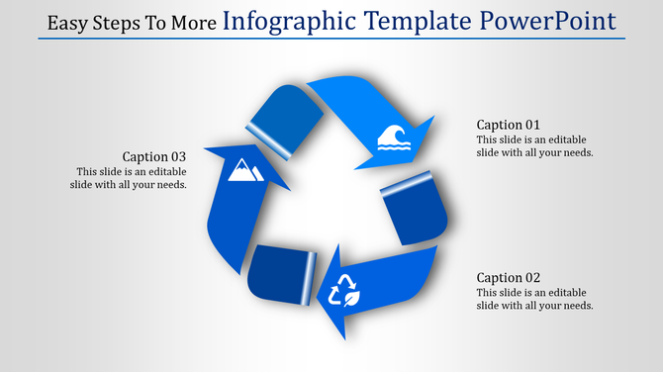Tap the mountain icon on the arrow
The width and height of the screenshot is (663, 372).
[244, 172]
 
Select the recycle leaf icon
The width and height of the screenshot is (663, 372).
[344, 292]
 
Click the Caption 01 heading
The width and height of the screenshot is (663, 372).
[508, 125]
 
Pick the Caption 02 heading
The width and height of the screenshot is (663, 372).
[508, 278]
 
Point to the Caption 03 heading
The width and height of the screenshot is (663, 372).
[153, 156]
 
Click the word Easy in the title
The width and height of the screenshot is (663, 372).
[67, 23]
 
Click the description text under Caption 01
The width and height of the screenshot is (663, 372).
[534, 145]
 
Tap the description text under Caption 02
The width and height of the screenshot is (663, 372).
[534, 299]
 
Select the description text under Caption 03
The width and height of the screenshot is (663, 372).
[129, 177]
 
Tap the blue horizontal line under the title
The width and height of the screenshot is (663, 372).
[331, 40]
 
